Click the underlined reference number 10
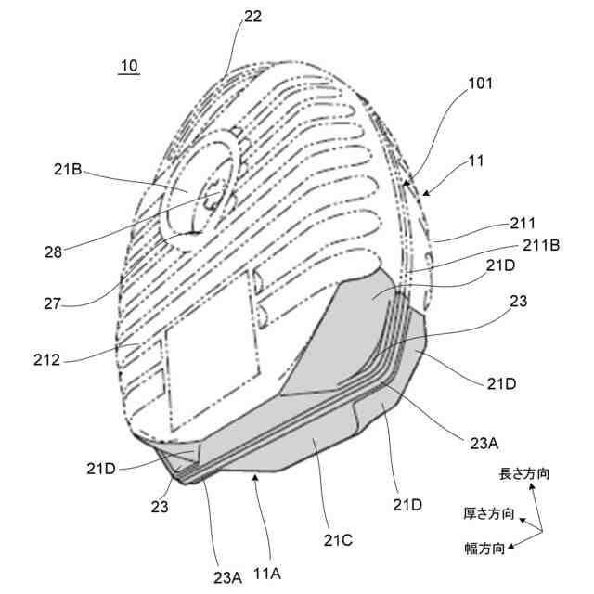point(129,66)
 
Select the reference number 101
point(481,84)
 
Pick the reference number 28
point(54,251)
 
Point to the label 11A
point(265,575)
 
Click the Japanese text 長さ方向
point(523,474)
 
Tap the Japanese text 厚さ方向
point(487,512)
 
